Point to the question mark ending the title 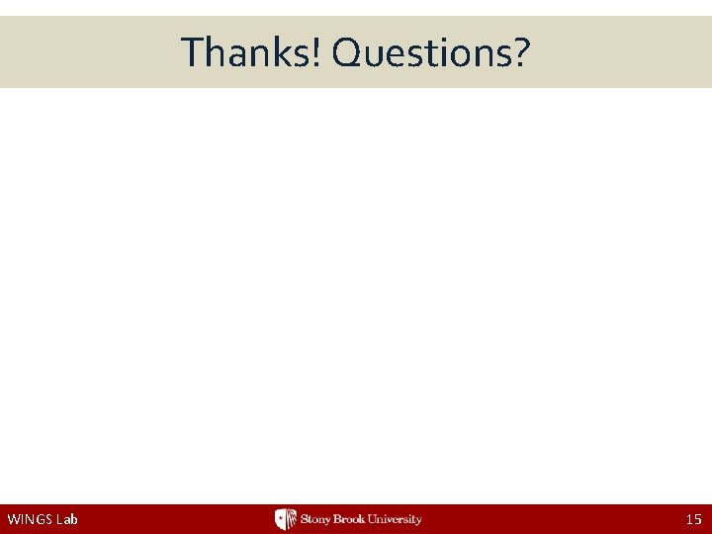[x=521, y=52]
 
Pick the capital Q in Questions [x=348, y=52]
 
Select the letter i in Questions [x=444, y=52]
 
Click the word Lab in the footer [x=68, y=519]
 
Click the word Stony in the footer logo [x=316, y=519]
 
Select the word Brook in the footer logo [x=353, y=519]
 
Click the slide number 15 [x=693, y=519]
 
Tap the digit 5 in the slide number [x=697, y=519]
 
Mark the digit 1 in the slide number [x=688, y=519]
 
